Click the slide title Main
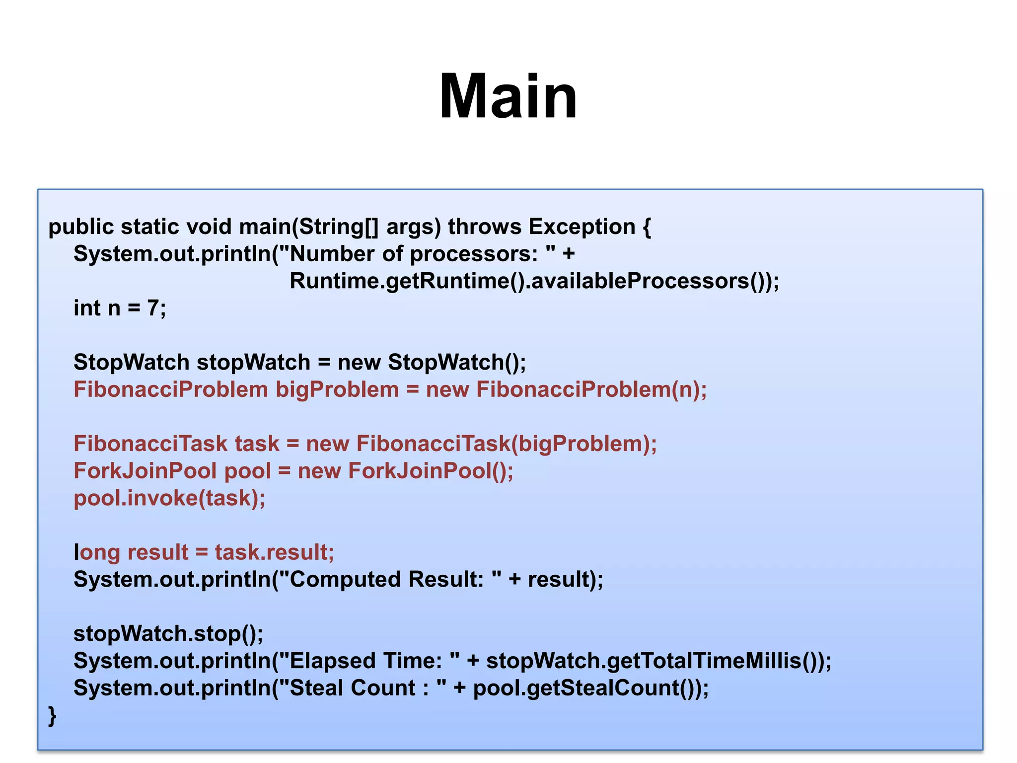[x=508, y=96]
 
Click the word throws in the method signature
[x=485, y=227]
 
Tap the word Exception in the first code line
[x=581, y=227]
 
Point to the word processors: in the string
[x=474, y=254]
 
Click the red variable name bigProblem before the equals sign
[x=337, y=390]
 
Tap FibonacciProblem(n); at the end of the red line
[x=591, y=390]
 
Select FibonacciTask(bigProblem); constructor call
[x=506, y=444]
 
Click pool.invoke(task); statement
[x=169, y=498]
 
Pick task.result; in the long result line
[x=274, y=552]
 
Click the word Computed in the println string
[x=345, y=580]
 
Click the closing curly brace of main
[x=52, y=716]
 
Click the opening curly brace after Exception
[x=646, y=227]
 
